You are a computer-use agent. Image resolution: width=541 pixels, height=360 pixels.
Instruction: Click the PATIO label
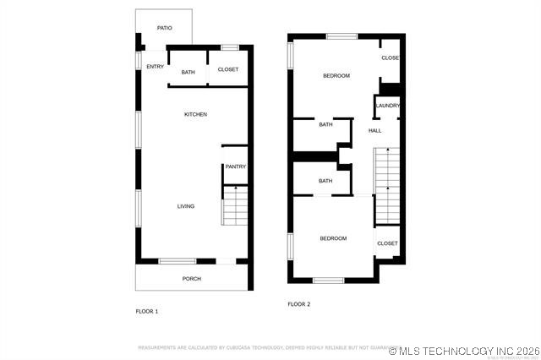tap(164, 28)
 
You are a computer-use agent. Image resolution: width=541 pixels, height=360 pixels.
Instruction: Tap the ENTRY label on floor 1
tap(155, 67)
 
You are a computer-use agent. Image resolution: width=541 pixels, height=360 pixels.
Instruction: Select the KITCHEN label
tap(195, 114)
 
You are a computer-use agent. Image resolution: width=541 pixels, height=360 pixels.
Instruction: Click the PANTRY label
tap(235, 166)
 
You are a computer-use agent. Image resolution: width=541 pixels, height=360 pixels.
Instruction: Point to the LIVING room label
tap(185, 206)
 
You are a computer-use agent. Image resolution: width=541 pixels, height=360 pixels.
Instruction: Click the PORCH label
tap(192, 278)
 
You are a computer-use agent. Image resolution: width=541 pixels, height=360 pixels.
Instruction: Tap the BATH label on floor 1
tap(188, 72)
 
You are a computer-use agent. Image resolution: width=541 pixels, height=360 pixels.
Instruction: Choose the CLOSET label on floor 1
tap(228, 69)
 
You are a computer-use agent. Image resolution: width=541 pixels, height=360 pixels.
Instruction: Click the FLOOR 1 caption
tap(147, 311)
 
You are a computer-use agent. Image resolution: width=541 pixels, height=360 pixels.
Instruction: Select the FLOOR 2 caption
tap(299, 304)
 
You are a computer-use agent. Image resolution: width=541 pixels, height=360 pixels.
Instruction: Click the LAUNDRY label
tap(388, 106)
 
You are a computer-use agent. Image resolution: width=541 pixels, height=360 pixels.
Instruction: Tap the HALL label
tap(374, 130)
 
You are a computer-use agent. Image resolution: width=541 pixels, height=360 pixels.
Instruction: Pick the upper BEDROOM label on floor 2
tap(336, 76)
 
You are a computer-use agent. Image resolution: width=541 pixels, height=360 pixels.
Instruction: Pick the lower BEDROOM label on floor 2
tap(333, 238)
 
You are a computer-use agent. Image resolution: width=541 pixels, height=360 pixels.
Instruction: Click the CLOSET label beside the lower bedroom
tap(387, 243)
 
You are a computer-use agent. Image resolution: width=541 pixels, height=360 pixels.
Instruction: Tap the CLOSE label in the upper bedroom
tap(390, 58)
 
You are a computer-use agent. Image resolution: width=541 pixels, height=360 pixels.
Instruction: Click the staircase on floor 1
tap(235, 206)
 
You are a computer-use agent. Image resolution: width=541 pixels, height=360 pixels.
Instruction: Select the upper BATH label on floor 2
tap(325, 125)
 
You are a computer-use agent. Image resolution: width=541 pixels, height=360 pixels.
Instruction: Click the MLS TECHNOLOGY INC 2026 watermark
tap(464, 350)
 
